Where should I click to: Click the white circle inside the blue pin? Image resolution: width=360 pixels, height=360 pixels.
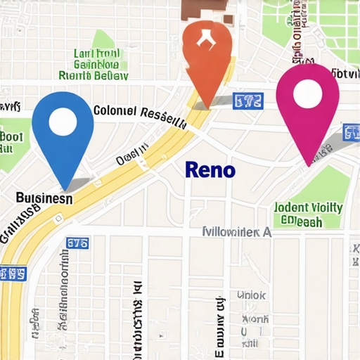coord(63,122)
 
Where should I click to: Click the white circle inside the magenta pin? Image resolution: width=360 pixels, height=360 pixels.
coord(308,94)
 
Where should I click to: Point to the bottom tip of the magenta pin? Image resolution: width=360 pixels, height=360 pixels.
coord(308,166)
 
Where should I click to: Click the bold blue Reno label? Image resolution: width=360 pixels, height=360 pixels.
coord(210,169)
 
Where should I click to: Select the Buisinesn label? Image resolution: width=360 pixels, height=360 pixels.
coord(44,199)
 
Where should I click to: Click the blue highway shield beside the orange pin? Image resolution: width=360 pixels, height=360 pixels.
coord(247,101)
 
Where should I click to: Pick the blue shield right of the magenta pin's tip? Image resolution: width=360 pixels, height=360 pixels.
coord(351,131)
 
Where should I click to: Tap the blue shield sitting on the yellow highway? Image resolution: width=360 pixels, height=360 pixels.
coord(77,243)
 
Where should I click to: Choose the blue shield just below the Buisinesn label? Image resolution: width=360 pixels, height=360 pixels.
coord(13,272)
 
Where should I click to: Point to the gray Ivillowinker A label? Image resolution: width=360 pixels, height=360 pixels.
coord(236,231)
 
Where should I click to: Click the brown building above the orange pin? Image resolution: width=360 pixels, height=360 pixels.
coord(205,8)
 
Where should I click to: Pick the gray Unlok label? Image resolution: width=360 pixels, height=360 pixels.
coord(250,295)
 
